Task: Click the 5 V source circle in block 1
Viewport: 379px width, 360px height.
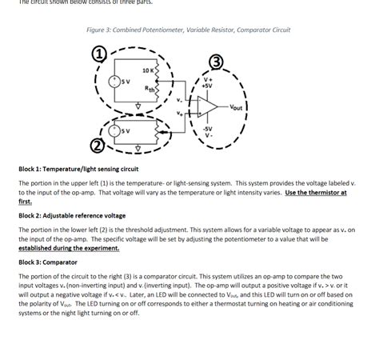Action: point(120,82)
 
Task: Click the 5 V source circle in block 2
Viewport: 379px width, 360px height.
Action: point(120,131)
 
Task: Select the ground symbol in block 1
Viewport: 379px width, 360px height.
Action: point(138,104)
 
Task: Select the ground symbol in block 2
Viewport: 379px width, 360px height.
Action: point(138,147)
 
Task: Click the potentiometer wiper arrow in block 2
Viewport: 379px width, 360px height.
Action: point(165,130)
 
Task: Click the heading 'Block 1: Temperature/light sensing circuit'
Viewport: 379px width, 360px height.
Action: point(78,170)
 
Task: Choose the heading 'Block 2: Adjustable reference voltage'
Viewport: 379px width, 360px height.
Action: point(72,215)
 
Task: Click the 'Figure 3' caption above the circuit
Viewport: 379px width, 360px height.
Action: point(189,30)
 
